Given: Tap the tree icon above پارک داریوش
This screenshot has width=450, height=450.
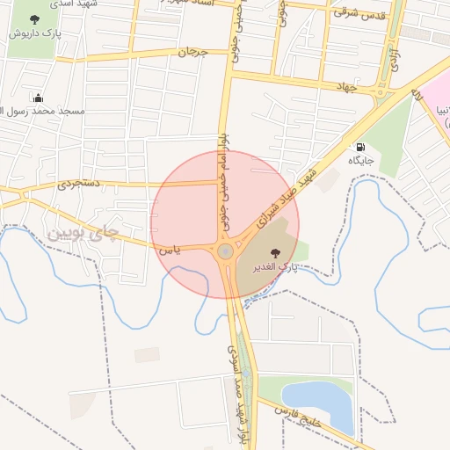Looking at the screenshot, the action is click(x=34, y=19).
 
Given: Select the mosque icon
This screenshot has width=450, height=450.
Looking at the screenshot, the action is click(x=38, y=98).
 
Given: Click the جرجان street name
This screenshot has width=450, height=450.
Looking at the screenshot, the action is click(x=193, y=53).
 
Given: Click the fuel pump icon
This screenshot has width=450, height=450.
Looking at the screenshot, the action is click(x=359, y=147).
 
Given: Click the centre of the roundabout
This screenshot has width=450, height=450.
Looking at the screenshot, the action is click(x=226, y=252).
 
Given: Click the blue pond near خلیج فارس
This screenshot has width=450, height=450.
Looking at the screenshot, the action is click(x=317, y=401).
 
